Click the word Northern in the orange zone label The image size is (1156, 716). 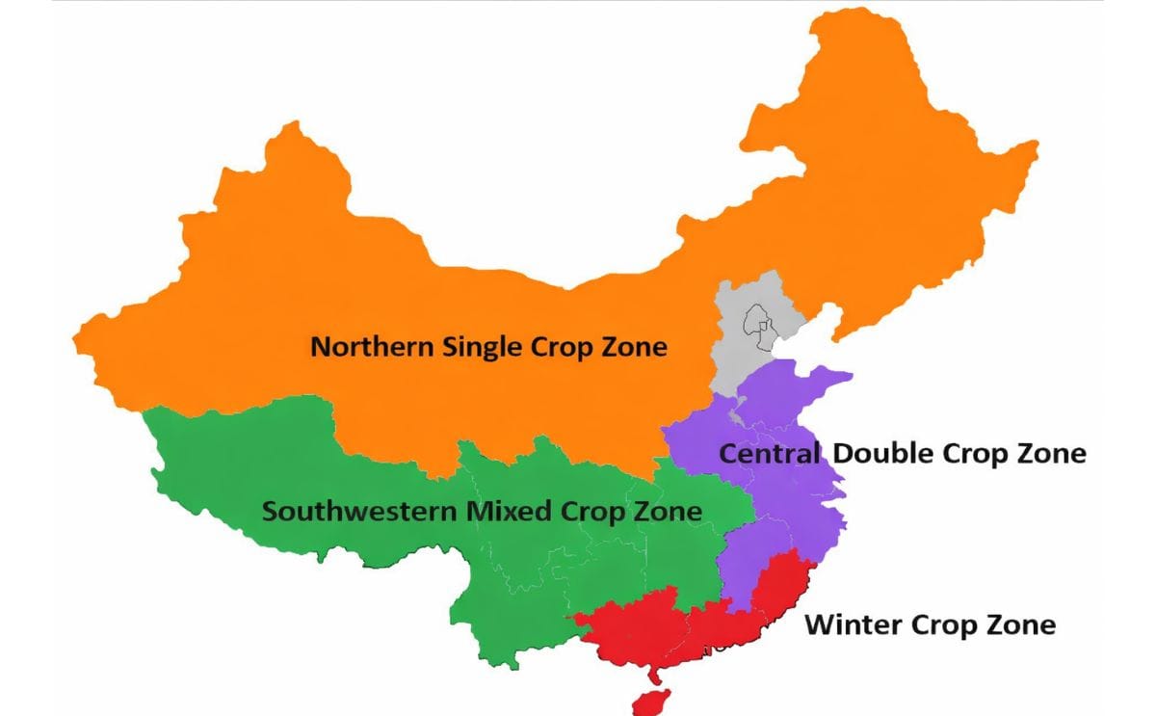tap(372, 347)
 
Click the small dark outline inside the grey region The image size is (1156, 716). tap(755, 323)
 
